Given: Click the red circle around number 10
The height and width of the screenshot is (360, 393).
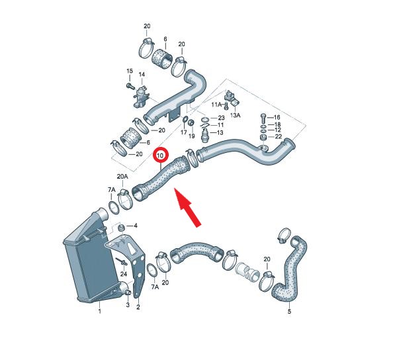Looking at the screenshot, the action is tap(154, 156).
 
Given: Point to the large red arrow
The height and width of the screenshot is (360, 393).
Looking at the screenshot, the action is tap(187, 207).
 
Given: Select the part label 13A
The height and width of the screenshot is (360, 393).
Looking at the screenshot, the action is tap(235, 115).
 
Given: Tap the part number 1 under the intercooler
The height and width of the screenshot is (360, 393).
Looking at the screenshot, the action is tap(100, 312).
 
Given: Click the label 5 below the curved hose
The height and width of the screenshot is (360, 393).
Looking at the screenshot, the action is tap(290, 312).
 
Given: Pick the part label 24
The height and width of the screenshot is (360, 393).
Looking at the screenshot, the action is tap(124, 274).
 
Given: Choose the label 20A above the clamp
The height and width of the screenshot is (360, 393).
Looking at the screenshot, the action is tap(122, 177).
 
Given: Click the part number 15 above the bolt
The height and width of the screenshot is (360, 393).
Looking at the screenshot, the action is tap(129, 71).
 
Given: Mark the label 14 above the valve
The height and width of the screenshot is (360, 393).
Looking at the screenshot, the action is tap(142, 75).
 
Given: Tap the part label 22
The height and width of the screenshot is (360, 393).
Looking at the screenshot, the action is tap(279, 136).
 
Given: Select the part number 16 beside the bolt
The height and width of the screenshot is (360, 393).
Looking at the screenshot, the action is tap(277, 117).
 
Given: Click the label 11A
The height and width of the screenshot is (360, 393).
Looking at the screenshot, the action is tap(217, 105).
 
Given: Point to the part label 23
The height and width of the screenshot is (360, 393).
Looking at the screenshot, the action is tap(221, 118).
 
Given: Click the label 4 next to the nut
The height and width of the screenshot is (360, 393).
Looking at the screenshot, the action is tap(136, 226).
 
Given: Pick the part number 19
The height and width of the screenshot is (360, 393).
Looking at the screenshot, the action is tap(191, 136).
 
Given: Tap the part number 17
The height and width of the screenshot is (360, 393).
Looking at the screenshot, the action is tap(184, 132).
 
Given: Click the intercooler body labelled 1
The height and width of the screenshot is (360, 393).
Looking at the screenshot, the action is tap(91, 261).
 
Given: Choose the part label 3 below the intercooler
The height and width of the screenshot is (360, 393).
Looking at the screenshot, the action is tap(128, 305).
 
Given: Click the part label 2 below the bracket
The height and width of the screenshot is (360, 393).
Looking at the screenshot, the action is tap(138, 306).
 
